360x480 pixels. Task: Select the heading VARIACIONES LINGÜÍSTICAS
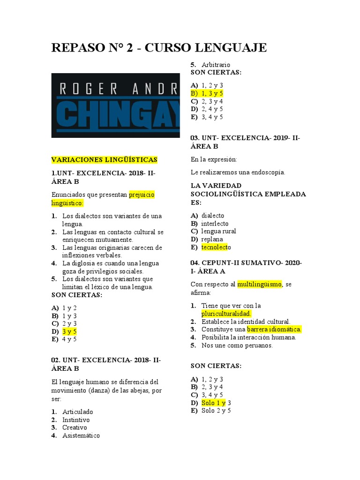point(104,160)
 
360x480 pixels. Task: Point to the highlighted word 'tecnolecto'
point(216,247)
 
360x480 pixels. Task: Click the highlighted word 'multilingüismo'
point(259,284)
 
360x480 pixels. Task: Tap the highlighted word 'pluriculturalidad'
point(226,314)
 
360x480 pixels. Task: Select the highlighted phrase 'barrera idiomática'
point(274,329)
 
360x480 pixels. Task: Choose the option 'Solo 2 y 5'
point(216,411)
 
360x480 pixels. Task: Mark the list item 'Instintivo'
point(76,420)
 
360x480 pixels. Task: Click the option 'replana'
point(212,239)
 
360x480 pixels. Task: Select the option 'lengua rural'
point(218,231)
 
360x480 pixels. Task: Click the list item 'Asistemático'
point(81,435)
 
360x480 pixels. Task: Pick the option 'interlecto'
point(215,224)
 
